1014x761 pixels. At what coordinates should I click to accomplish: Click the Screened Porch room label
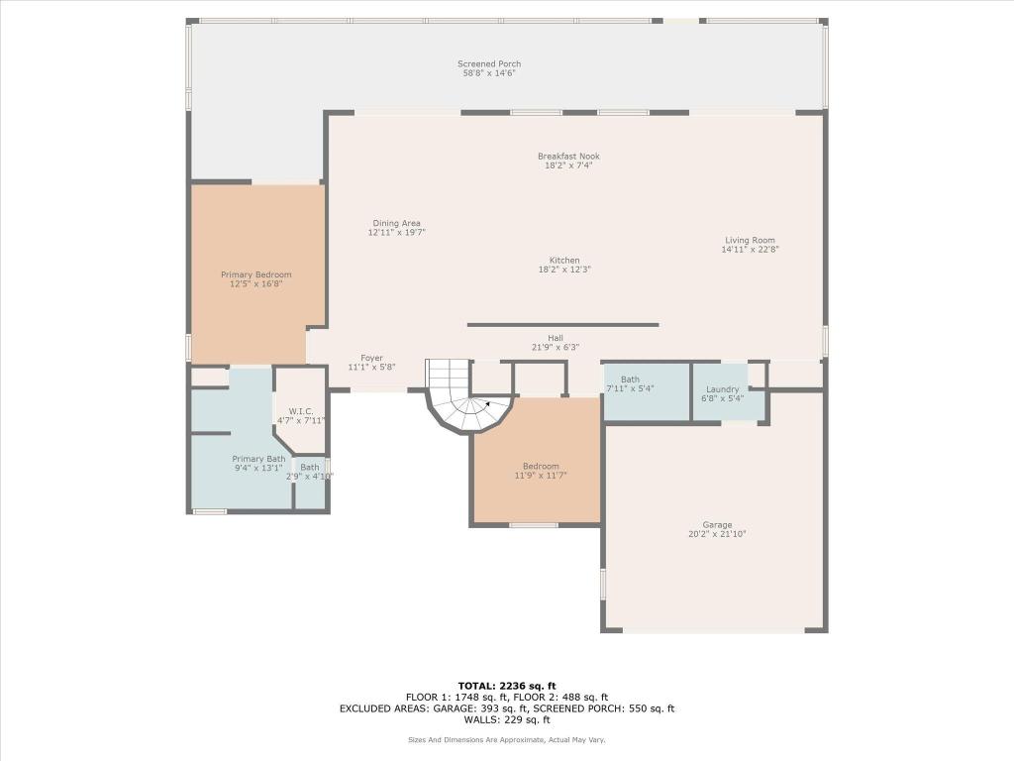[x=489, y=64]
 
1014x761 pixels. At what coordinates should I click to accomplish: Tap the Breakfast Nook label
[x=568, y=157]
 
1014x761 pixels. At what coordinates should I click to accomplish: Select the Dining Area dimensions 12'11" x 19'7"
[x=396, y=233]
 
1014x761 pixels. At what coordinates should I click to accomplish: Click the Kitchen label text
[x=564, y=261]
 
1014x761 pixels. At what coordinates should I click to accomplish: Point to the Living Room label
[x=750, y=240]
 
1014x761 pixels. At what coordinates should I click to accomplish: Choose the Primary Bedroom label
[x=255, y=274]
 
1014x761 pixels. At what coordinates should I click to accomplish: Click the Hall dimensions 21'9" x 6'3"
[x=555, y=348]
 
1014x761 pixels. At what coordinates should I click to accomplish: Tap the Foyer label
[x=371, y=359]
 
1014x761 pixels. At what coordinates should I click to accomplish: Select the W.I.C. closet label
[x=301, y=411]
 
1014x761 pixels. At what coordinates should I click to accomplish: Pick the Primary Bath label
[x=258, y=459]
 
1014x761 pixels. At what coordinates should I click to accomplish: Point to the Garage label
[x=717, y=525]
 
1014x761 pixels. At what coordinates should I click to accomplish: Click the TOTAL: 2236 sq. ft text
[x=507, y=686]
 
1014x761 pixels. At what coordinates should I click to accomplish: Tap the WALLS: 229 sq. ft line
[x=507, y=720]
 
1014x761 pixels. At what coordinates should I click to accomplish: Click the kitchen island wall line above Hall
[x=562, y=325]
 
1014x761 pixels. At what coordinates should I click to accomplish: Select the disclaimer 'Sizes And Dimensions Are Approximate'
[x=507, y=740]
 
